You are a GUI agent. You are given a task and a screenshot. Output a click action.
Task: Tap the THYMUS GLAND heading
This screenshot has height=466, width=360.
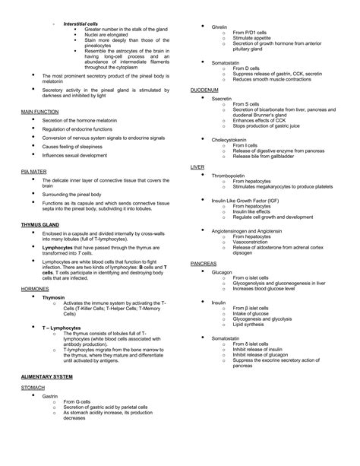(39, 226)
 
